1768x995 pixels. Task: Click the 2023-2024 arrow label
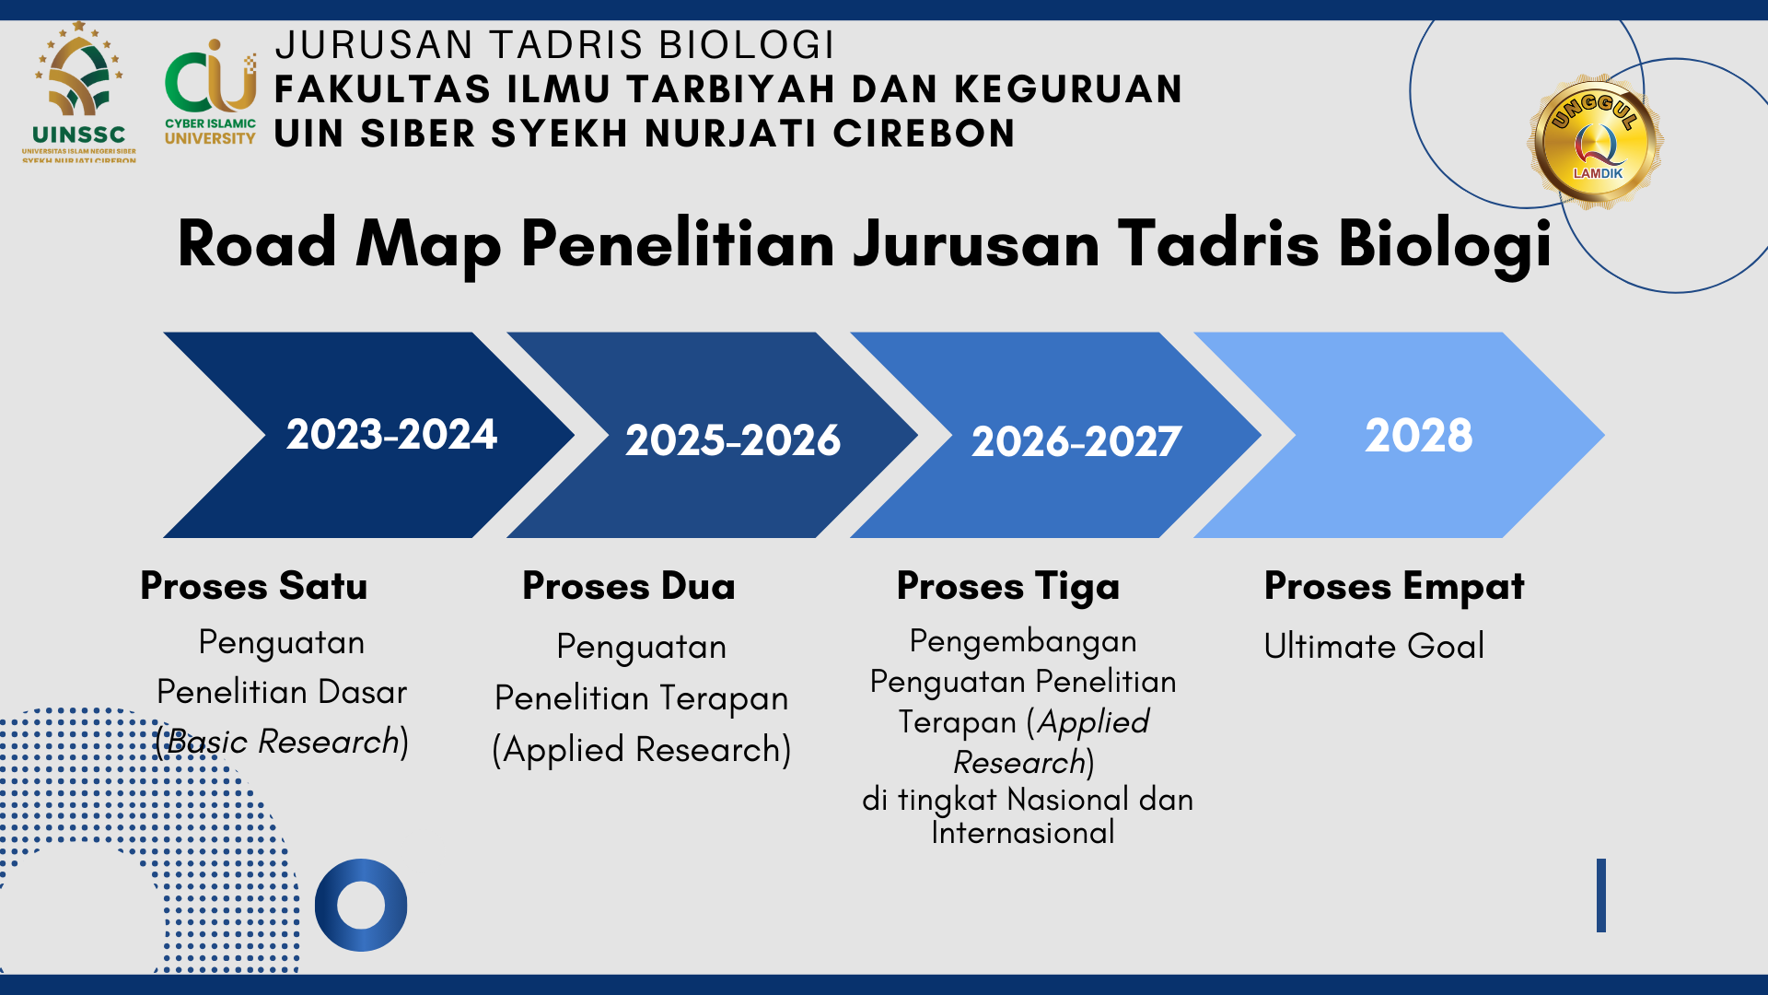(x=391, y=435)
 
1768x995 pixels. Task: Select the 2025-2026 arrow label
(x=733, y=440)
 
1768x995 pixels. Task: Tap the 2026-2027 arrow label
(x=1076, y=442)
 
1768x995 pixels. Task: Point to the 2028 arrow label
(x=1419, y=435)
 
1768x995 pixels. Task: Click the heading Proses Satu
(x=254, y=586)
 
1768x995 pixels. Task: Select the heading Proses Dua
(x=629, y=586)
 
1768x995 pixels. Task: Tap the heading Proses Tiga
(x=1008, y=587)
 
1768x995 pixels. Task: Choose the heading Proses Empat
(x=1394, y=587)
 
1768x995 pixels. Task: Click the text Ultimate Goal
(x=1374, y=646)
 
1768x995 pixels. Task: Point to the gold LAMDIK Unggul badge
(x=1598, y=141)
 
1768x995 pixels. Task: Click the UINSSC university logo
(x=79, y=92)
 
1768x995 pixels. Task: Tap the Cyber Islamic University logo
(x=210, y=92)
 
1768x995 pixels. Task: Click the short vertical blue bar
(x=1601, y=895)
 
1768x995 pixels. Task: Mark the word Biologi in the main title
(x=1445, y=244)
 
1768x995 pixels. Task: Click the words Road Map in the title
(x=340, y=244)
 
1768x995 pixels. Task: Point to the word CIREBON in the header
(x=924, y=134)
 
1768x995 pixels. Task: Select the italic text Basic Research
(x=283, y=742)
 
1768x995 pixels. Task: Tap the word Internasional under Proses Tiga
(x=1023, y=833)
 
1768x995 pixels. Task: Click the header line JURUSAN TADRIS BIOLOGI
(x=554, y=45)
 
